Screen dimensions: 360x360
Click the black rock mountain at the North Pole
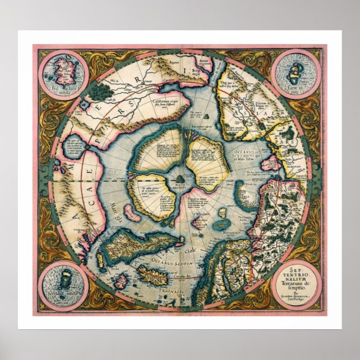click(x=181, y=177)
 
